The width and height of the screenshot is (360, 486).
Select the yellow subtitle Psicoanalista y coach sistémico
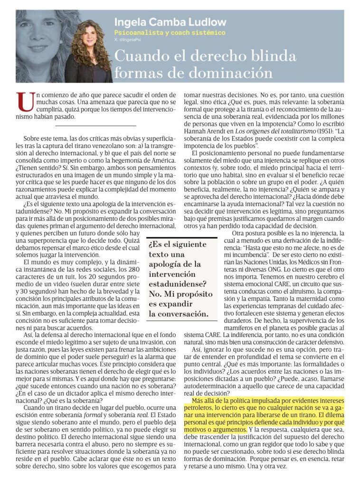pos(170,33)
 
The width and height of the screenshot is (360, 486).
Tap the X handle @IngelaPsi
pos(132,40)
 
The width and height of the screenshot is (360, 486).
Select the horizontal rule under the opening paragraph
pos(95,126)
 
